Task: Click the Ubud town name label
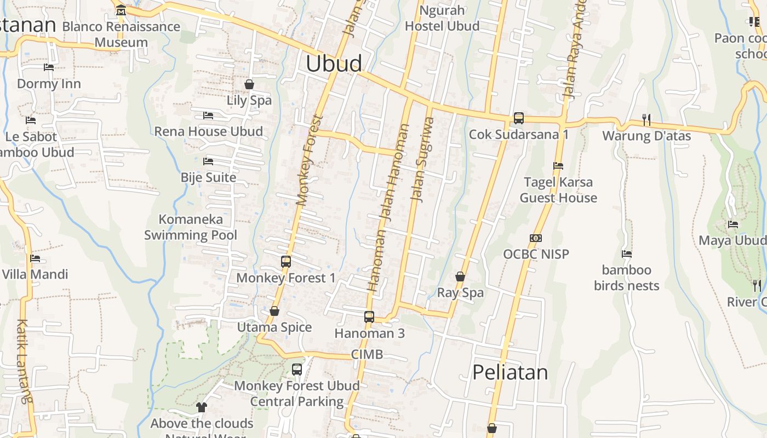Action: coord(334,64)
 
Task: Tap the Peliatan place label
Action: coord(510,372)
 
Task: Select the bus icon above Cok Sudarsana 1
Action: coord(518,118)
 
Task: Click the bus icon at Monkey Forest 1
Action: coord(285,262)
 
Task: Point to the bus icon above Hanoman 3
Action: coord(369,316)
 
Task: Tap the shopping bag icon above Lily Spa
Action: coord(249,84)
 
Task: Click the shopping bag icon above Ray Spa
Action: coord(460,276)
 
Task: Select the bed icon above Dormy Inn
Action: coord(49,67)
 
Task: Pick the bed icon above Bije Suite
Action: coord(208,162)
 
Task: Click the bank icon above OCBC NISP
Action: coord(536,238)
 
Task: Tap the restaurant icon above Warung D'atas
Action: coord(646,119)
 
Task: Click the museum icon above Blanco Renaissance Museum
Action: coord(121,10)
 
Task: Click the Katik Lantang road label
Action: coord(23,361)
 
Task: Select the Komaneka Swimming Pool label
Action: coord(191,227)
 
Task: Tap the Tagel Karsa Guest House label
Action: coord(558,190)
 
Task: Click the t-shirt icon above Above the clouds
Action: coord(202,407)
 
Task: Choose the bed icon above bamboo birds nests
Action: coord(627,254)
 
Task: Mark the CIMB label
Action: coord(367,354)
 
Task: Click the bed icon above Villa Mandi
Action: coord(35,258)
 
